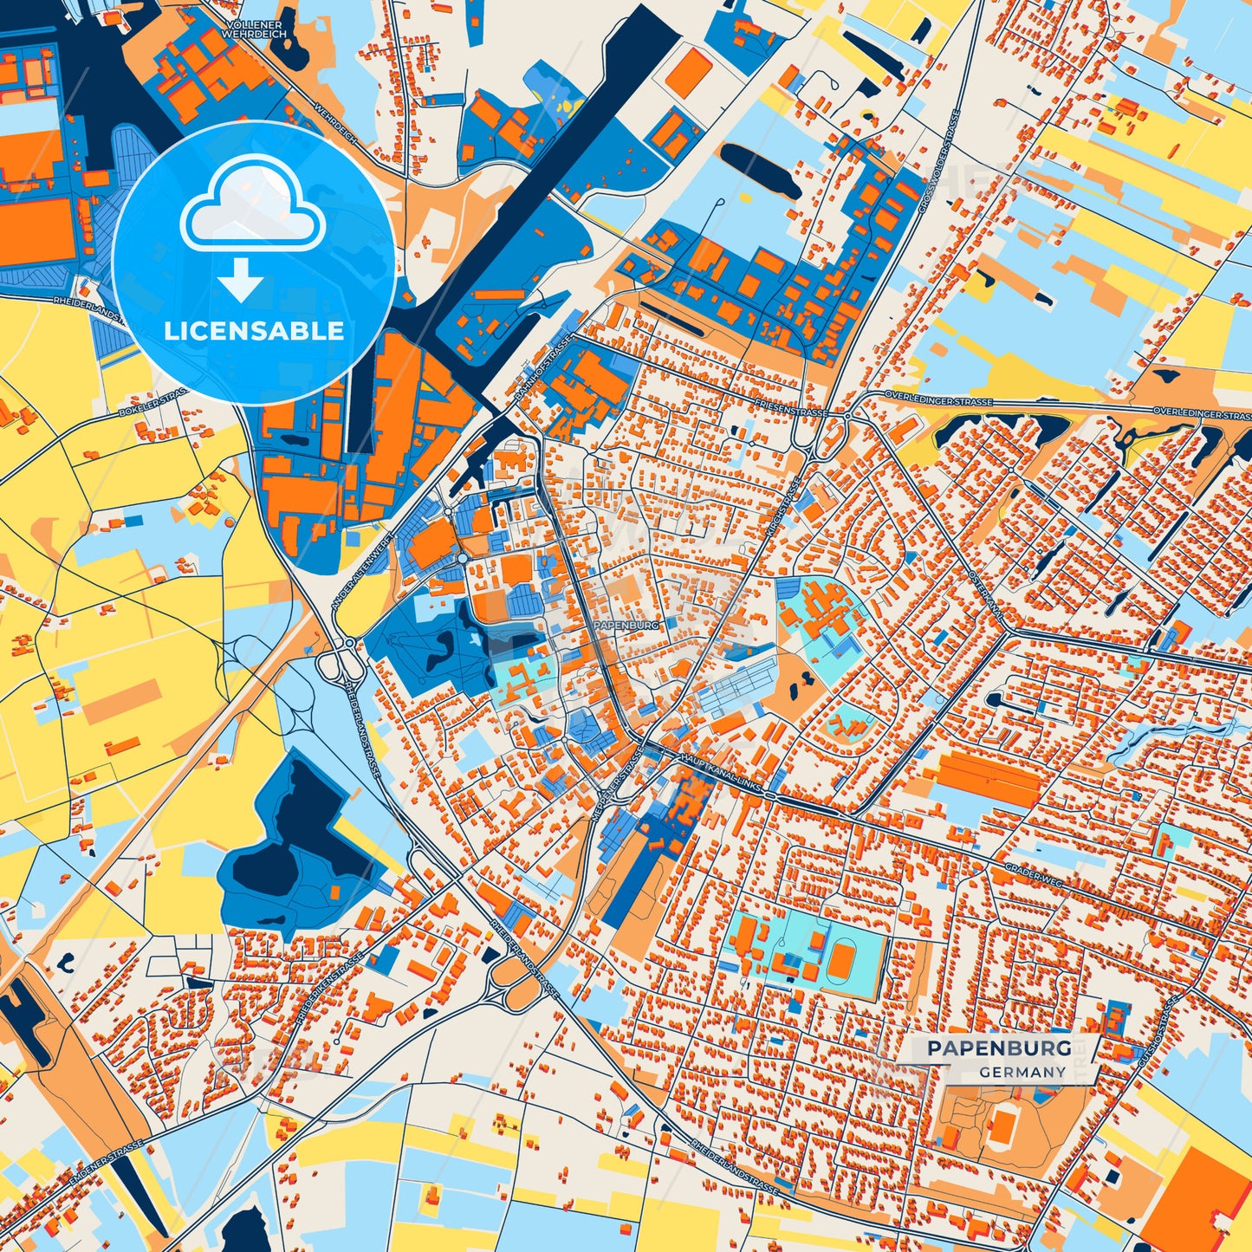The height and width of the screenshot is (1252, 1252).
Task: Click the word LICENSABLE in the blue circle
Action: pyautogui.click(x=254, y=331)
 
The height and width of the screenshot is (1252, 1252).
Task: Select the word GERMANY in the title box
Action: pyautogui.click(x=1022, y=1072)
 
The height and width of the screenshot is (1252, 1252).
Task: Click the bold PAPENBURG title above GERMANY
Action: pyautogui.click(x=998, y=1048)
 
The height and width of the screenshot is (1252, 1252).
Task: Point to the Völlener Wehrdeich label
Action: pyautogui.click(x=254, y=29)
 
